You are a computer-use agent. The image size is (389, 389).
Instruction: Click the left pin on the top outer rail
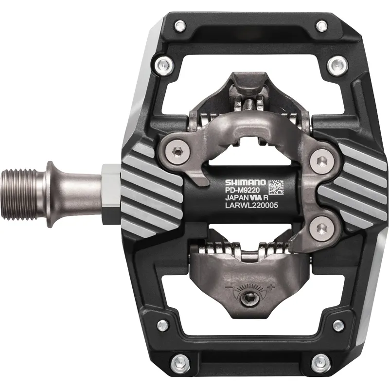click(179, 26)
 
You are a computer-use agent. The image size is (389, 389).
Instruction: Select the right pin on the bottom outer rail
click(320, 361)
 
